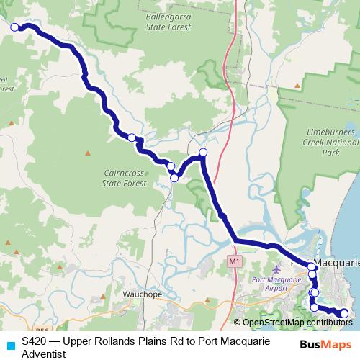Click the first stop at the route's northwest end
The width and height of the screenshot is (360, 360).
[x=14, y=27]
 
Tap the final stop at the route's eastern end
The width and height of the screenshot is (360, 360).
[x=344, y=313]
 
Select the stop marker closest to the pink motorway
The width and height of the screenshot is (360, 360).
[x=203, y=152]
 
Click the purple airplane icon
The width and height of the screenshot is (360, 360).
[x=258, y=269]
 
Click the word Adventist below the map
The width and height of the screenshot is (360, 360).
[x=44, y=354]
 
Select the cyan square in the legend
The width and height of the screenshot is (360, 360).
[x=9, y=345]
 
